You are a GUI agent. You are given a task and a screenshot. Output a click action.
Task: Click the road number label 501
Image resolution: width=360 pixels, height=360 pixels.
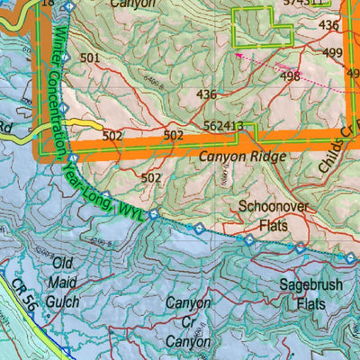[89, 58]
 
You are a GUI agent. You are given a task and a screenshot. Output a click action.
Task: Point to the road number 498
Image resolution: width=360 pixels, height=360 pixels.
[290, 76]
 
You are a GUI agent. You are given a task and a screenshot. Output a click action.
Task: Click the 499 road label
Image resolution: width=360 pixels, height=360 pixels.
[333, 53]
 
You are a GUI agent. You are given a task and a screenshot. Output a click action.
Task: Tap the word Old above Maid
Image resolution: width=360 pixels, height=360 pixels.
[62, 263]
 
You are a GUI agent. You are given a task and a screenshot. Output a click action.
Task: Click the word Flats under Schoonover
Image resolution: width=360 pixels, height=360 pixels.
[276, 223]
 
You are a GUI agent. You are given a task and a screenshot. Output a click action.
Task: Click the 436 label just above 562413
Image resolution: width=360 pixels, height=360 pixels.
[206, 94]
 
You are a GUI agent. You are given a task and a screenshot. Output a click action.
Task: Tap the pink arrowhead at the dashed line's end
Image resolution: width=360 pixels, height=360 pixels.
[238, 54]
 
